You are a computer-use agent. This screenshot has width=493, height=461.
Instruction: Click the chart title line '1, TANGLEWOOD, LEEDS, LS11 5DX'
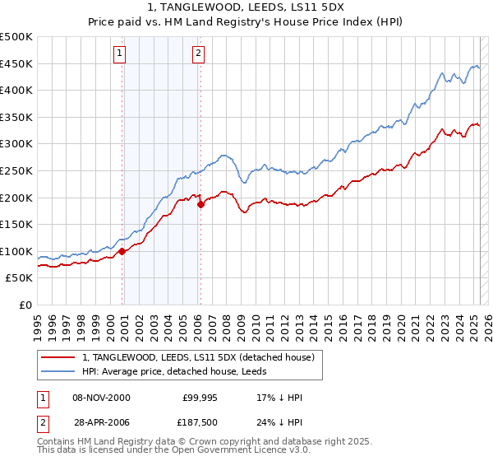(246, 7)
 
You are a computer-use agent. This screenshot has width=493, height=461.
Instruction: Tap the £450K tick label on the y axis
(16, 63)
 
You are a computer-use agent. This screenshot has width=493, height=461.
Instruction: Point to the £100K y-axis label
(16, 251)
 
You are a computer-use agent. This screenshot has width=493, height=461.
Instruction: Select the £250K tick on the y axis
(16, 170)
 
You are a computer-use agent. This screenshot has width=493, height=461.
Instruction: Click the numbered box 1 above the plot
(120, 54)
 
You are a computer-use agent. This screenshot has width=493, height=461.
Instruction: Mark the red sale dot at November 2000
(122, 251)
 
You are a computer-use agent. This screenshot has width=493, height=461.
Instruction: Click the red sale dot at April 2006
(200, 204)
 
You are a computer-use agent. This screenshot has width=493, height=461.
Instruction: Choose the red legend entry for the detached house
(198, 357)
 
